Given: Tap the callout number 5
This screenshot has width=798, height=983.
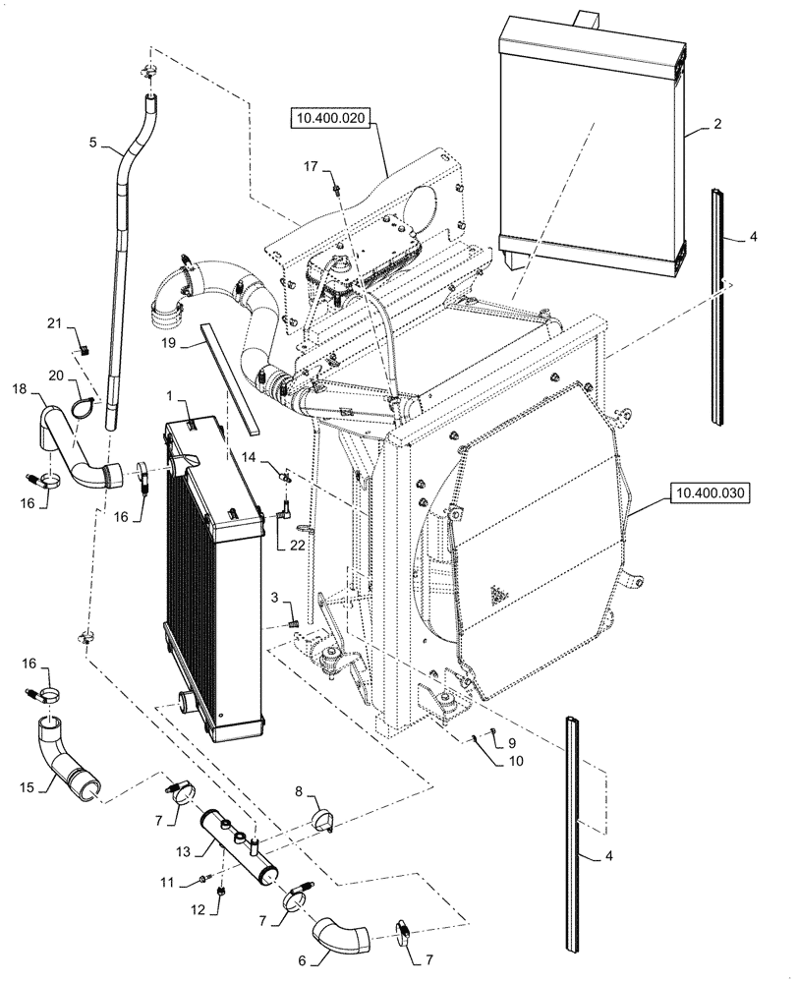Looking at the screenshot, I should pos(92,144).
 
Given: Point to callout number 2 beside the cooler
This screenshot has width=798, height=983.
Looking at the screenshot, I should pos(717,125).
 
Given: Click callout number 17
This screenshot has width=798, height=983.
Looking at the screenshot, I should pos(312,167).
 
